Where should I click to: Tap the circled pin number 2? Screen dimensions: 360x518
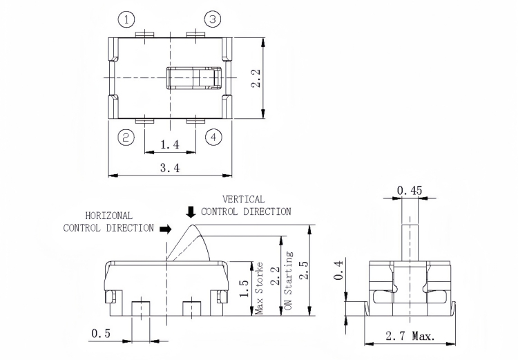(x=125, y=138)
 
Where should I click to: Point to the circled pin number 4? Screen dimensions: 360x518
(x=213, y=138)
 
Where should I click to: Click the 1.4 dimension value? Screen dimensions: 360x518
(x=170, y=144)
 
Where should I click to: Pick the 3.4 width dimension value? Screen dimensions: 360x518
(x=170, y=168)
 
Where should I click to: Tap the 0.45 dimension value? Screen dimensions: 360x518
(x=410, y=190)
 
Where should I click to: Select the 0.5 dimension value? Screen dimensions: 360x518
(x=101, y=334)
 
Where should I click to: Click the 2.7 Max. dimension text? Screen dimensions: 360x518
(x=410, y=337)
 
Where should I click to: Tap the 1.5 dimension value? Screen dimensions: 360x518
(x=243, y=287)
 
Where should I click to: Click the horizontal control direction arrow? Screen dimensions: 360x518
(x=164, y=227)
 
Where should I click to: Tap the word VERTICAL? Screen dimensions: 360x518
(x=243, y=200)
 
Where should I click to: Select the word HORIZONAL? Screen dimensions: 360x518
(x=109, y=216)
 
